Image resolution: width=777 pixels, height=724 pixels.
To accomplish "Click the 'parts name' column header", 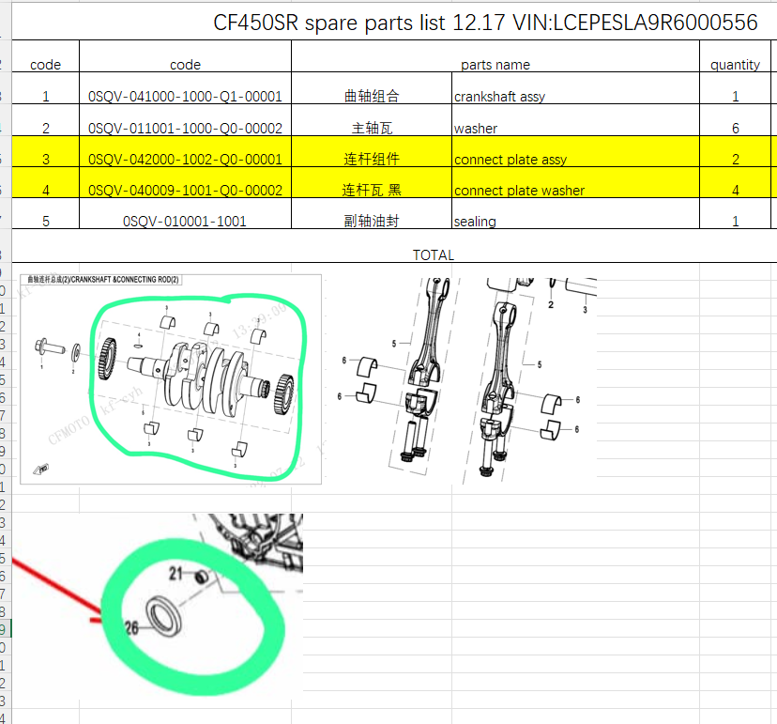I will [x=495, y=65].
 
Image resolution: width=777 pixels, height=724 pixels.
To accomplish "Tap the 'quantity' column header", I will [x=735, y=65].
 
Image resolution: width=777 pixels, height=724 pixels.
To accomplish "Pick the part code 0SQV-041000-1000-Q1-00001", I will [x=185, y=96].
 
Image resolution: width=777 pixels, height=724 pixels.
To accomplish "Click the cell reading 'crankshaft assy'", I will [x=499, y=97].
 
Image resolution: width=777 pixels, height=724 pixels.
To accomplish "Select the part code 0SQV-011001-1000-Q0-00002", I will [x=185, y=128].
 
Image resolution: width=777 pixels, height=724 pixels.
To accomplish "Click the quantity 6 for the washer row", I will [x=735, y=128].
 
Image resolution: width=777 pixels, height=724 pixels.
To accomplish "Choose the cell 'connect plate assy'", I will [x=510, y=160].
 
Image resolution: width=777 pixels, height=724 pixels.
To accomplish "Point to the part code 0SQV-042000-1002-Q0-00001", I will [x=185, y=160].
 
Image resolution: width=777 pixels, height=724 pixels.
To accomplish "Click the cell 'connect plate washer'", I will [x=519, y=191].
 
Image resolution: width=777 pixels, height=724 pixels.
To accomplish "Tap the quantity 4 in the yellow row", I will [x=735, y=191].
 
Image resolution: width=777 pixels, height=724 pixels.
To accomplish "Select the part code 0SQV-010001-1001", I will [x=185, y=222].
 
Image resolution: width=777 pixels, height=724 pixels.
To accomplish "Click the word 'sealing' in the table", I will [x=475, y=222].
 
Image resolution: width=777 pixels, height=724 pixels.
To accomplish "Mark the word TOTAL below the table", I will [x=433, y=254].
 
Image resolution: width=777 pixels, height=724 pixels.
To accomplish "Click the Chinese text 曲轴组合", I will [x=372, y=96].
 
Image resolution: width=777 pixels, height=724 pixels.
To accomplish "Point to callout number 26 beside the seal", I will [x=132, y=629].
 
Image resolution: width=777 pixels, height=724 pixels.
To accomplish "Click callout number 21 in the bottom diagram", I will [x=175, y=573].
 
